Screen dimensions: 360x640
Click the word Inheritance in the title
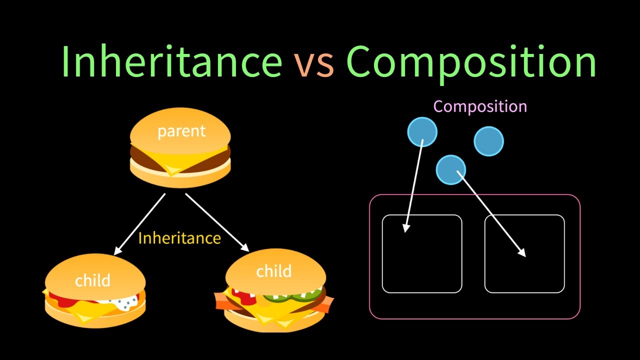click(171, 60)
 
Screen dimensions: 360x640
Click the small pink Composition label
click(479, 106)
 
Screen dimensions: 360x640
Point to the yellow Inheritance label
click(179, 238)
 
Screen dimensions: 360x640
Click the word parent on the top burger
click(181, 131)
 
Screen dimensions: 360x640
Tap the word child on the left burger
click(92, 280)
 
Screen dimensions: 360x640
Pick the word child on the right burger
click(273, 271)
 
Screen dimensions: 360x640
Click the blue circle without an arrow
click(488, 141)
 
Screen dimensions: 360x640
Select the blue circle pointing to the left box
click(422, 132)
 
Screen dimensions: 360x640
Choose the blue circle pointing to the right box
click(450, 169)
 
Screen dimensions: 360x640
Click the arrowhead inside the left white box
click(406, 228)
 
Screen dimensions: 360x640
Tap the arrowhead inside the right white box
click(521, 252)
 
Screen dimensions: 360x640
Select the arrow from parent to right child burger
click(217, 222)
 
